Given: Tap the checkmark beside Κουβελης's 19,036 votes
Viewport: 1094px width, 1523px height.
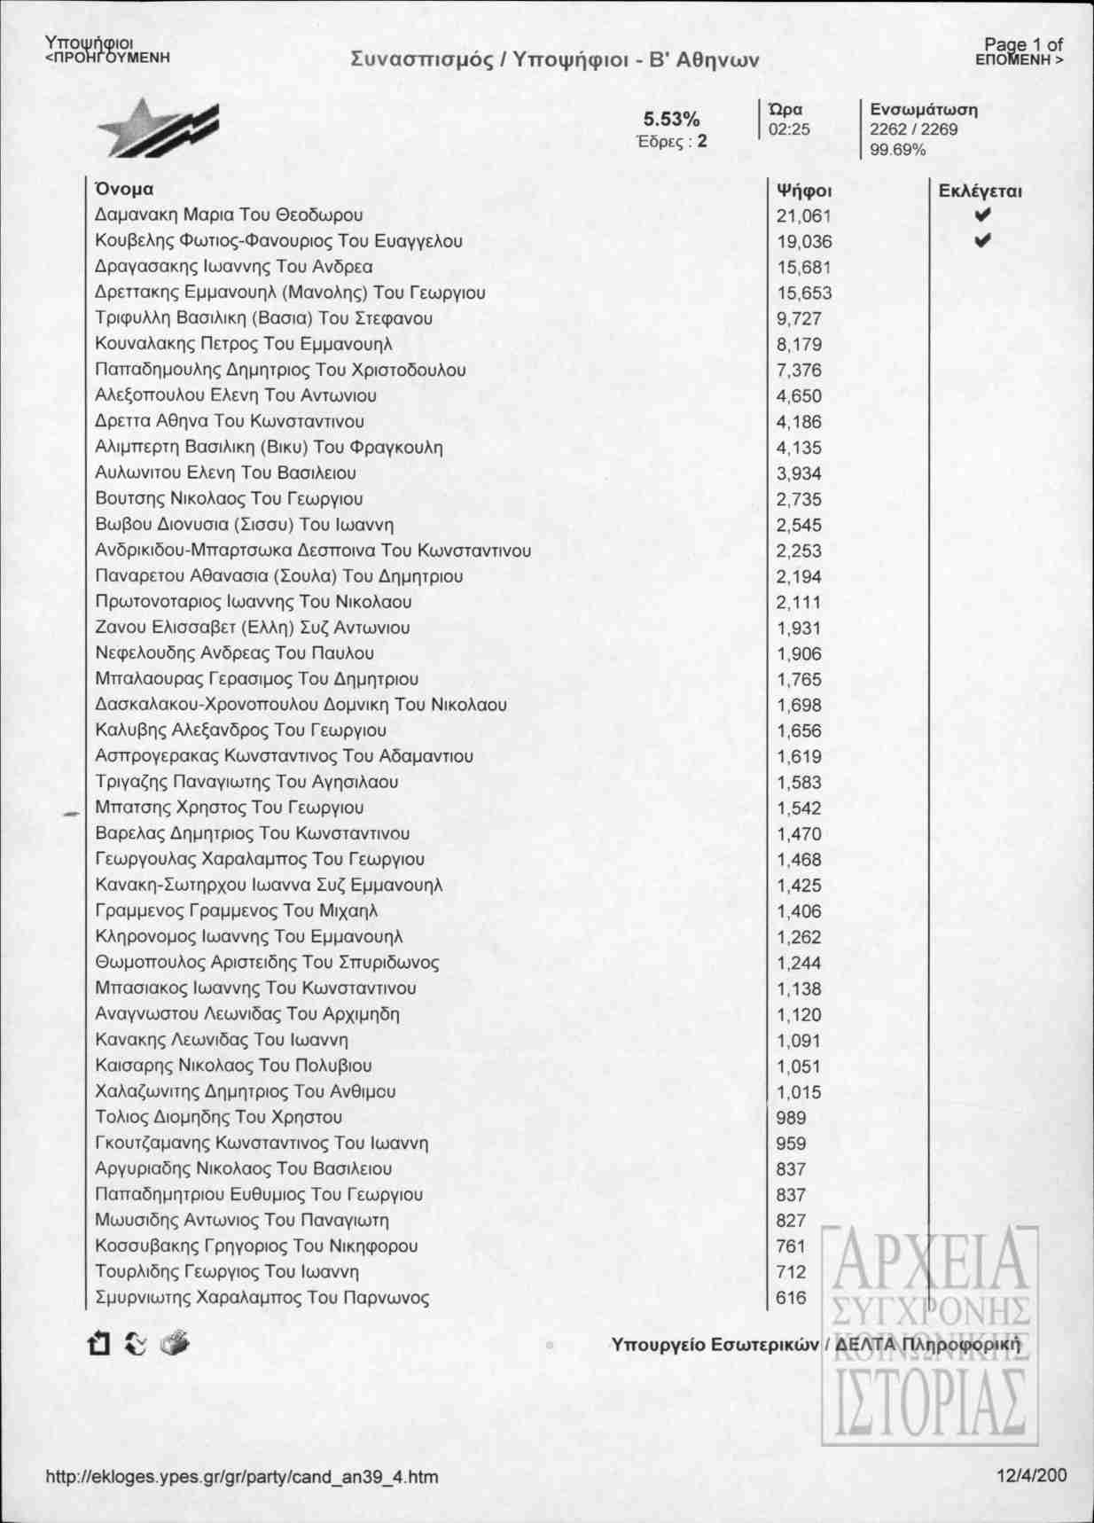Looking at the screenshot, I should click(x=981, y=240).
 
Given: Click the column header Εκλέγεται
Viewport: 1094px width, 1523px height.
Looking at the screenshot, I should click(x=980, y=190).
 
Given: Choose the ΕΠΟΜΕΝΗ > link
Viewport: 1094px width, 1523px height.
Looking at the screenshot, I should click(x=1019, y=59).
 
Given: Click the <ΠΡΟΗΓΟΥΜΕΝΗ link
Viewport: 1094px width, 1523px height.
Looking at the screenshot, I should click(x=106, y=58).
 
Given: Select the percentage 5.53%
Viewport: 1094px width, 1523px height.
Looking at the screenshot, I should click(x=671, y=120).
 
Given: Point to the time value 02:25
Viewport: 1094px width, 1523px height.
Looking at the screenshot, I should click(x=789, y=129).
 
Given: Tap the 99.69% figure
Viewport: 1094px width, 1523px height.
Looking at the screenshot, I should click(x=897, y=149).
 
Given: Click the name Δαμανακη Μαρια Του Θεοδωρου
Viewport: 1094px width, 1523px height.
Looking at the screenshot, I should click(x=229, y=215).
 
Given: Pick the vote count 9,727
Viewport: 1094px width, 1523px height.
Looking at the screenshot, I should click(x=799, y=318).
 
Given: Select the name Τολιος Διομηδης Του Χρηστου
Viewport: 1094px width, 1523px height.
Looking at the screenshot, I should click(x=218, y=1117).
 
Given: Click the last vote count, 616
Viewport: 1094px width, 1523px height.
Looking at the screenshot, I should click(x=791, y=1298).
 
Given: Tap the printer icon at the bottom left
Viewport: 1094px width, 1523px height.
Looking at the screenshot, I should click(x=175, y=1344).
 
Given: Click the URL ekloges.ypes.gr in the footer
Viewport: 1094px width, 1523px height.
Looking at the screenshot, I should click(x=241, y=1477).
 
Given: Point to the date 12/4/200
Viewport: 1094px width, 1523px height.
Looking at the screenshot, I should click(x=1031, y=1476).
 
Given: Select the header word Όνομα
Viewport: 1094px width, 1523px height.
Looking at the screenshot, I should click(x=123, y=189).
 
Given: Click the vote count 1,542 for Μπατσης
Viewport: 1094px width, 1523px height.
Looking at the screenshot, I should click(x=799, y=808).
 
